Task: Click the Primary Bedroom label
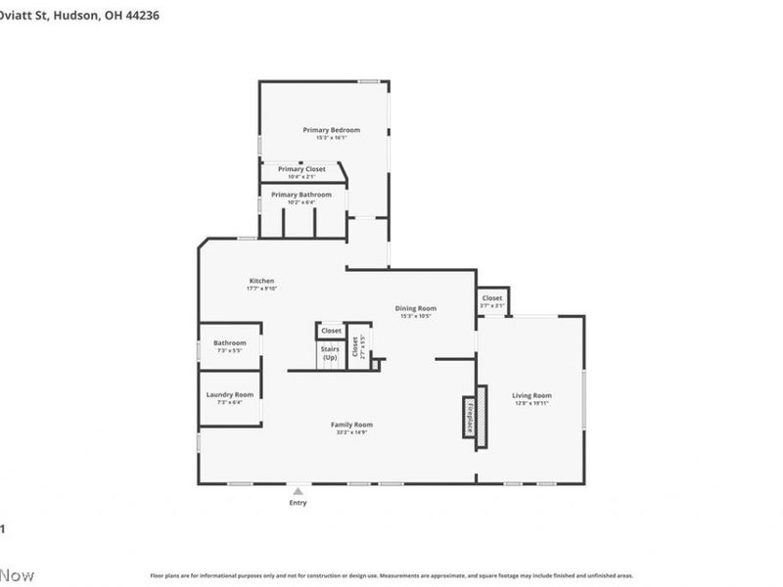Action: (x=331, y=130)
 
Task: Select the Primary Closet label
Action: (x=301, y=169)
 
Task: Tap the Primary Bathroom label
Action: (x=301, y=195)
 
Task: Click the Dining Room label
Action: (x=415, y=308)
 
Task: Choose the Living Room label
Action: (x=532, y=395)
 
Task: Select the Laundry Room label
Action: (x=230, y=394)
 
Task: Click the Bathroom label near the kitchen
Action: (x=230, y=343)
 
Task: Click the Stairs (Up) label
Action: (x=330, y=353)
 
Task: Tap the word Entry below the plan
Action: (x=298, y=503)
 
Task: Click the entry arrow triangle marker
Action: (x=298, y=490)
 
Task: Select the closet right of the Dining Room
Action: (x=491, y=298)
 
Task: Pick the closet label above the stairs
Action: (x=331, y=331)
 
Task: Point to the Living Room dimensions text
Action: (x=532, y=403)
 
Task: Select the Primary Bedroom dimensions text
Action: (x=331, y=138)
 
